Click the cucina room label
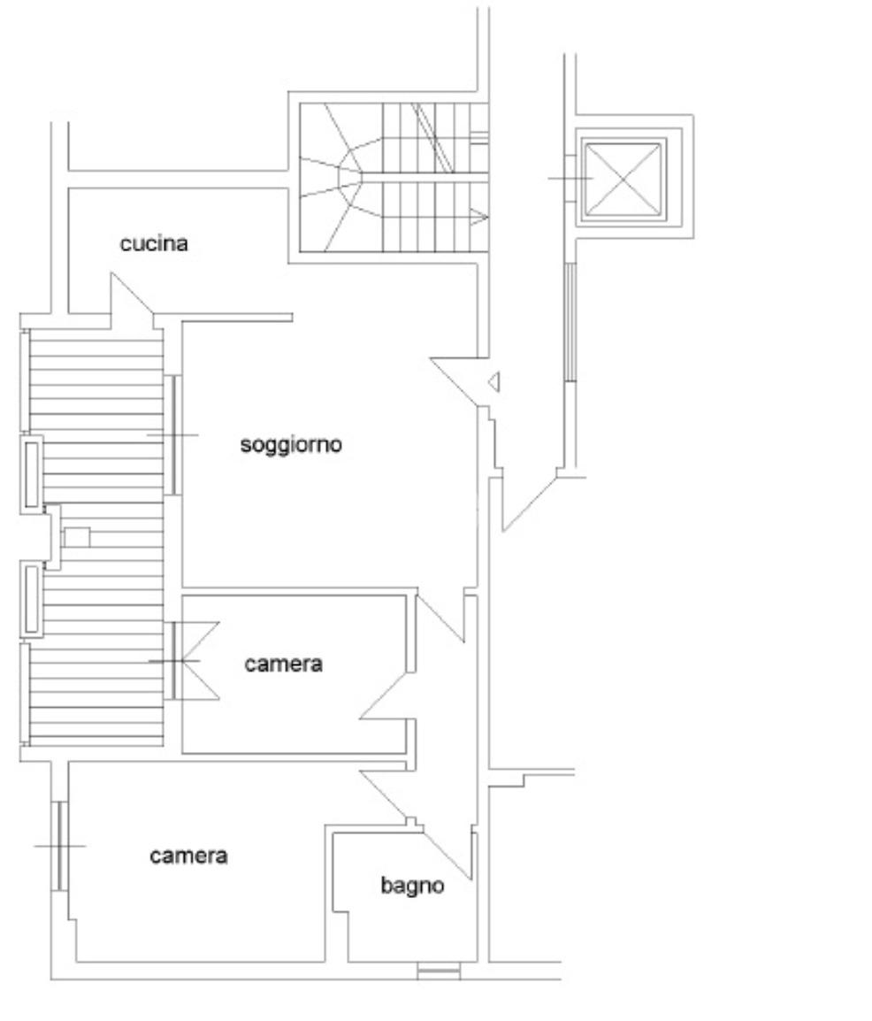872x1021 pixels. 154,243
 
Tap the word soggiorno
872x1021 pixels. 291,444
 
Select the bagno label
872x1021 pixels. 412,885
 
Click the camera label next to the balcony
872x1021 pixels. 284,664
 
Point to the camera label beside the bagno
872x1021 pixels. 188,856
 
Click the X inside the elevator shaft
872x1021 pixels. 623,179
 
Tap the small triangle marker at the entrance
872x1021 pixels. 494,381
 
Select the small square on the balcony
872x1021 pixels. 77,537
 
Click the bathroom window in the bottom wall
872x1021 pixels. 439,973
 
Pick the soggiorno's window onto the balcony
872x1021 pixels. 173,435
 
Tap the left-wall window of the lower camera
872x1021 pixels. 59,846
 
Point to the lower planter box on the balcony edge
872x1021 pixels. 32,600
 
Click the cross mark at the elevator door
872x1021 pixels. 570,179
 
